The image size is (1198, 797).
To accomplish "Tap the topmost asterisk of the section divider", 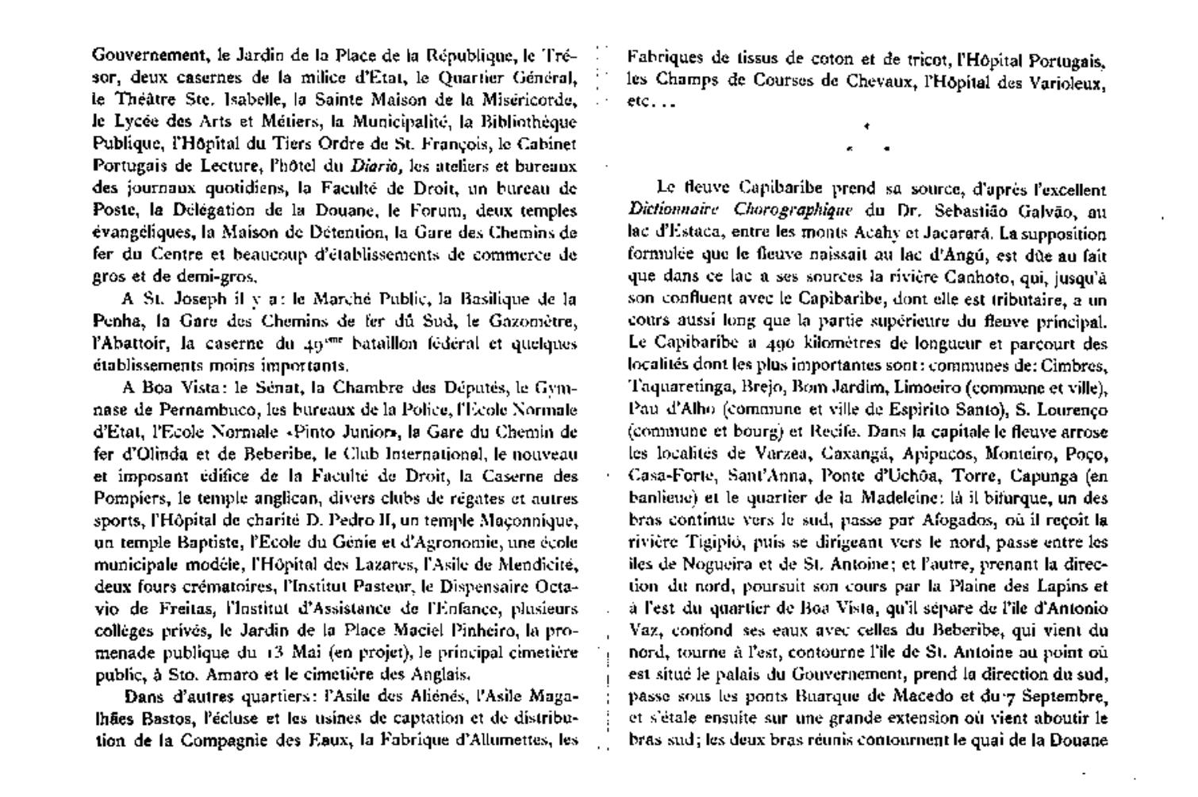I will click(866, 125).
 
